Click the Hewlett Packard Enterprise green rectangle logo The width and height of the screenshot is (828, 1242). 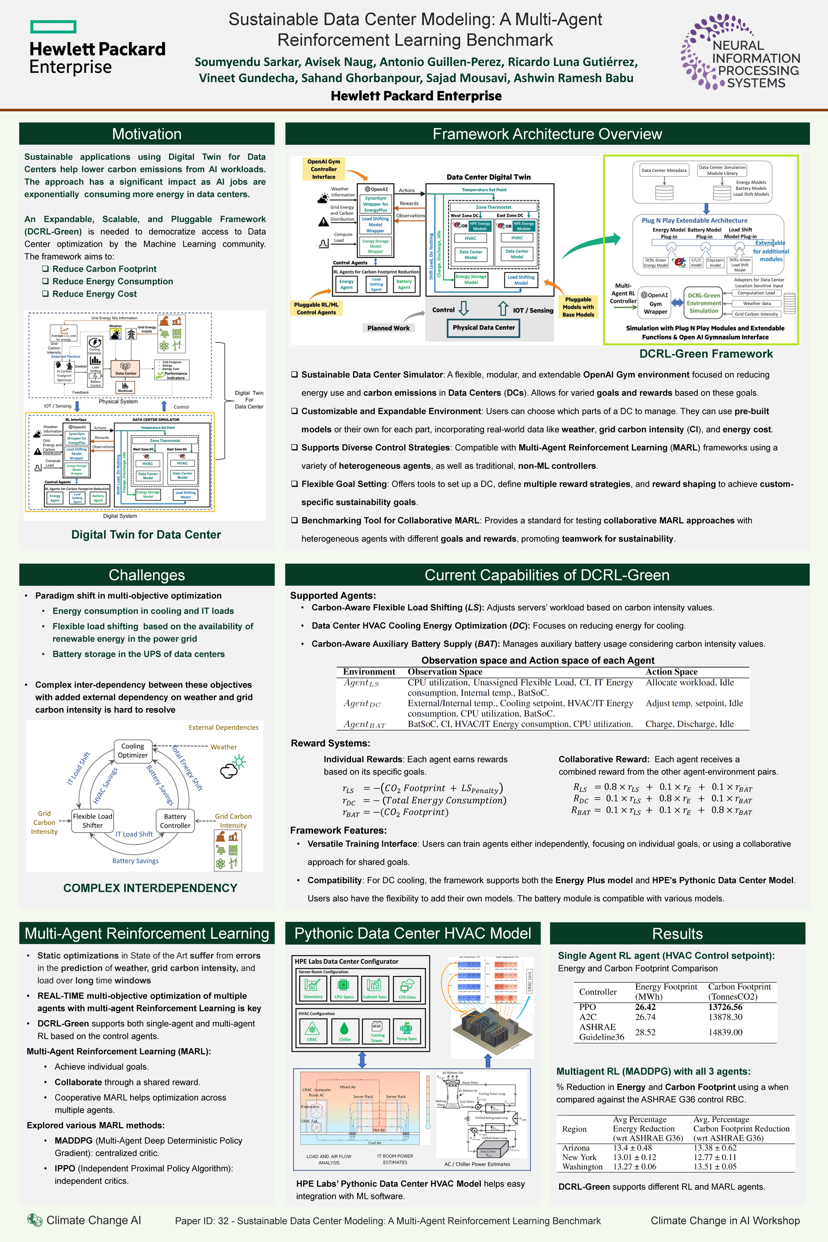(x=53, y=27)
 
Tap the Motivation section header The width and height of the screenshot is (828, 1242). (x=147, y=134)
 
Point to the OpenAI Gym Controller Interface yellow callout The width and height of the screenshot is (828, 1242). (x=324, y=169)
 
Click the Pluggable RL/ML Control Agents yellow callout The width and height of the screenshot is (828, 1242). (x=316, y=308)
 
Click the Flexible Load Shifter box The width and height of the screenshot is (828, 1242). (x=92, y=821)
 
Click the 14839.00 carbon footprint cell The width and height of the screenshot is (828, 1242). (x=725, y=1032)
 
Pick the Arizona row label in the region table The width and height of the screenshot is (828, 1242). (x=576, y=1148)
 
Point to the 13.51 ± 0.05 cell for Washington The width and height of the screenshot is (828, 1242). (x=715, y=1167)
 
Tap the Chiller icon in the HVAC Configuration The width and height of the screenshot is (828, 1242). (x=345, y=1030)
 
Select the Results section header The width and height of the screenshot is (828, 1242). (x=677, y=934)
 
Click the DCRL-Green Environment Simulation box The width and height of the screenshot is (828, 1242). (x=703, y=303)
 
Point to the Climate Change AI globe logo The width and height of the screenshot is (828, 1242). (x=35, y=1220)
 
